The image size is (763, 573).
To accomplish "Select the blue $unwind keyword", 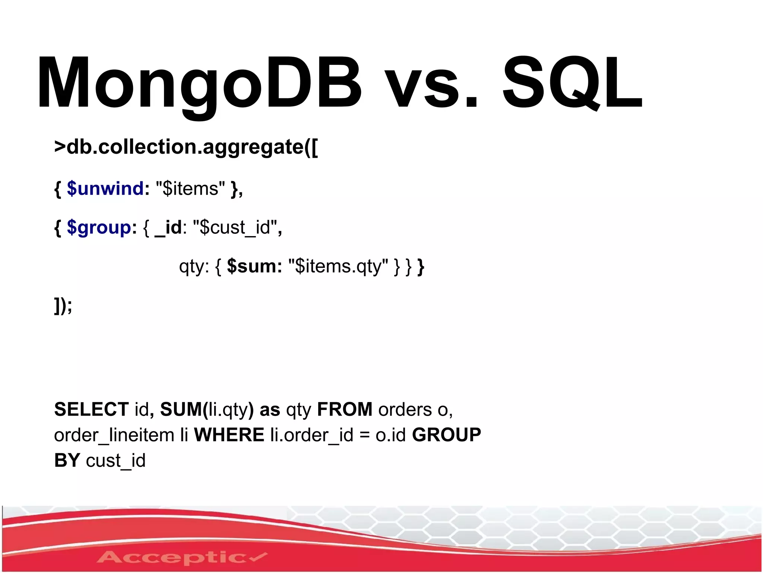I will [105, 188].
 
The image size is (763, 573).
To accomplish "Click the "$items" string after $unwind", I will [190, 189].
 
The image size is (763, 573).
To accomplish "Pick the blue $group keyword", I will [99, 227].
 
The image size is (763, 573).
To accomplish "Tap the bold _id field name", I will [168, 227].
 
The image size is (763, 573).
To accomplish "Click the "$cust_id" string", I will [235, 227].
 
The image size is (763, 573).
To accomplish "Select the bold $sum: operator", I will [254, 266].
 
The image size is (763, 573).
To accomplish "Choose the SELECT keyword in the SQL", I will [91, 409].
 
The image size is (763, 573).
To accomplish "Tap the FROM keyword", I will [345, 409].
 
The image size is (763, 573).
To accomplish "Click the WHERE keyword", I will [229, 435].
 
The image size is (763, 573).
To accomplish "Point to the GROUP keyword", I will [446, 435].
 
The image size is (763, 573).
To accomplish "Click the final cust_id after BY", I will [115, 461].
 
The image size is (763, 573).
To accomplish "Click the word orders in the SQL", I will [405, 410].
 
